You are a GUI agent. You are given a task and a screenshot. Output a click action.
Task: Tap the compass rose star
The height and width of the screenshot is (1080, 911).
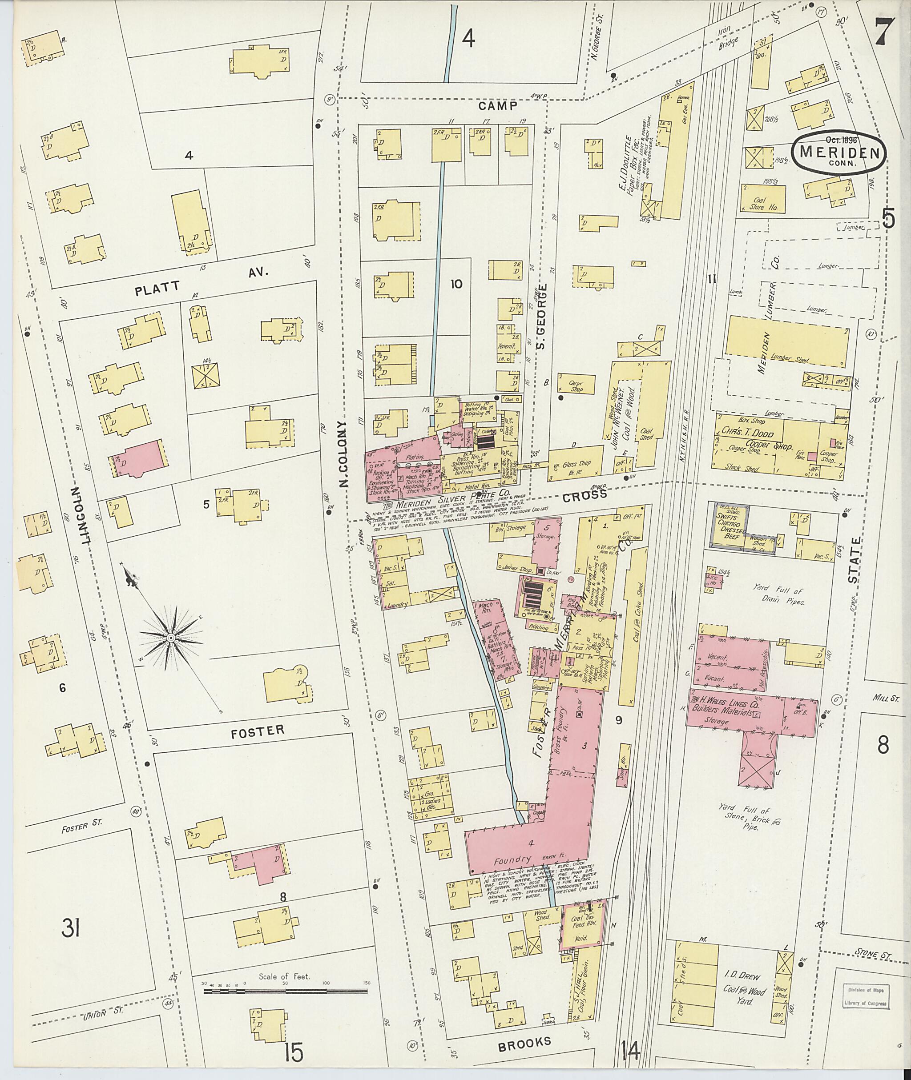tap(170, 638)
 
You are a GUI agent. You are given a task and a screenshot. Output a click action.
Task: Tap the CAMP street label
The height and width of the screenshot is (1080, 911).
tap(497, 106)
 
